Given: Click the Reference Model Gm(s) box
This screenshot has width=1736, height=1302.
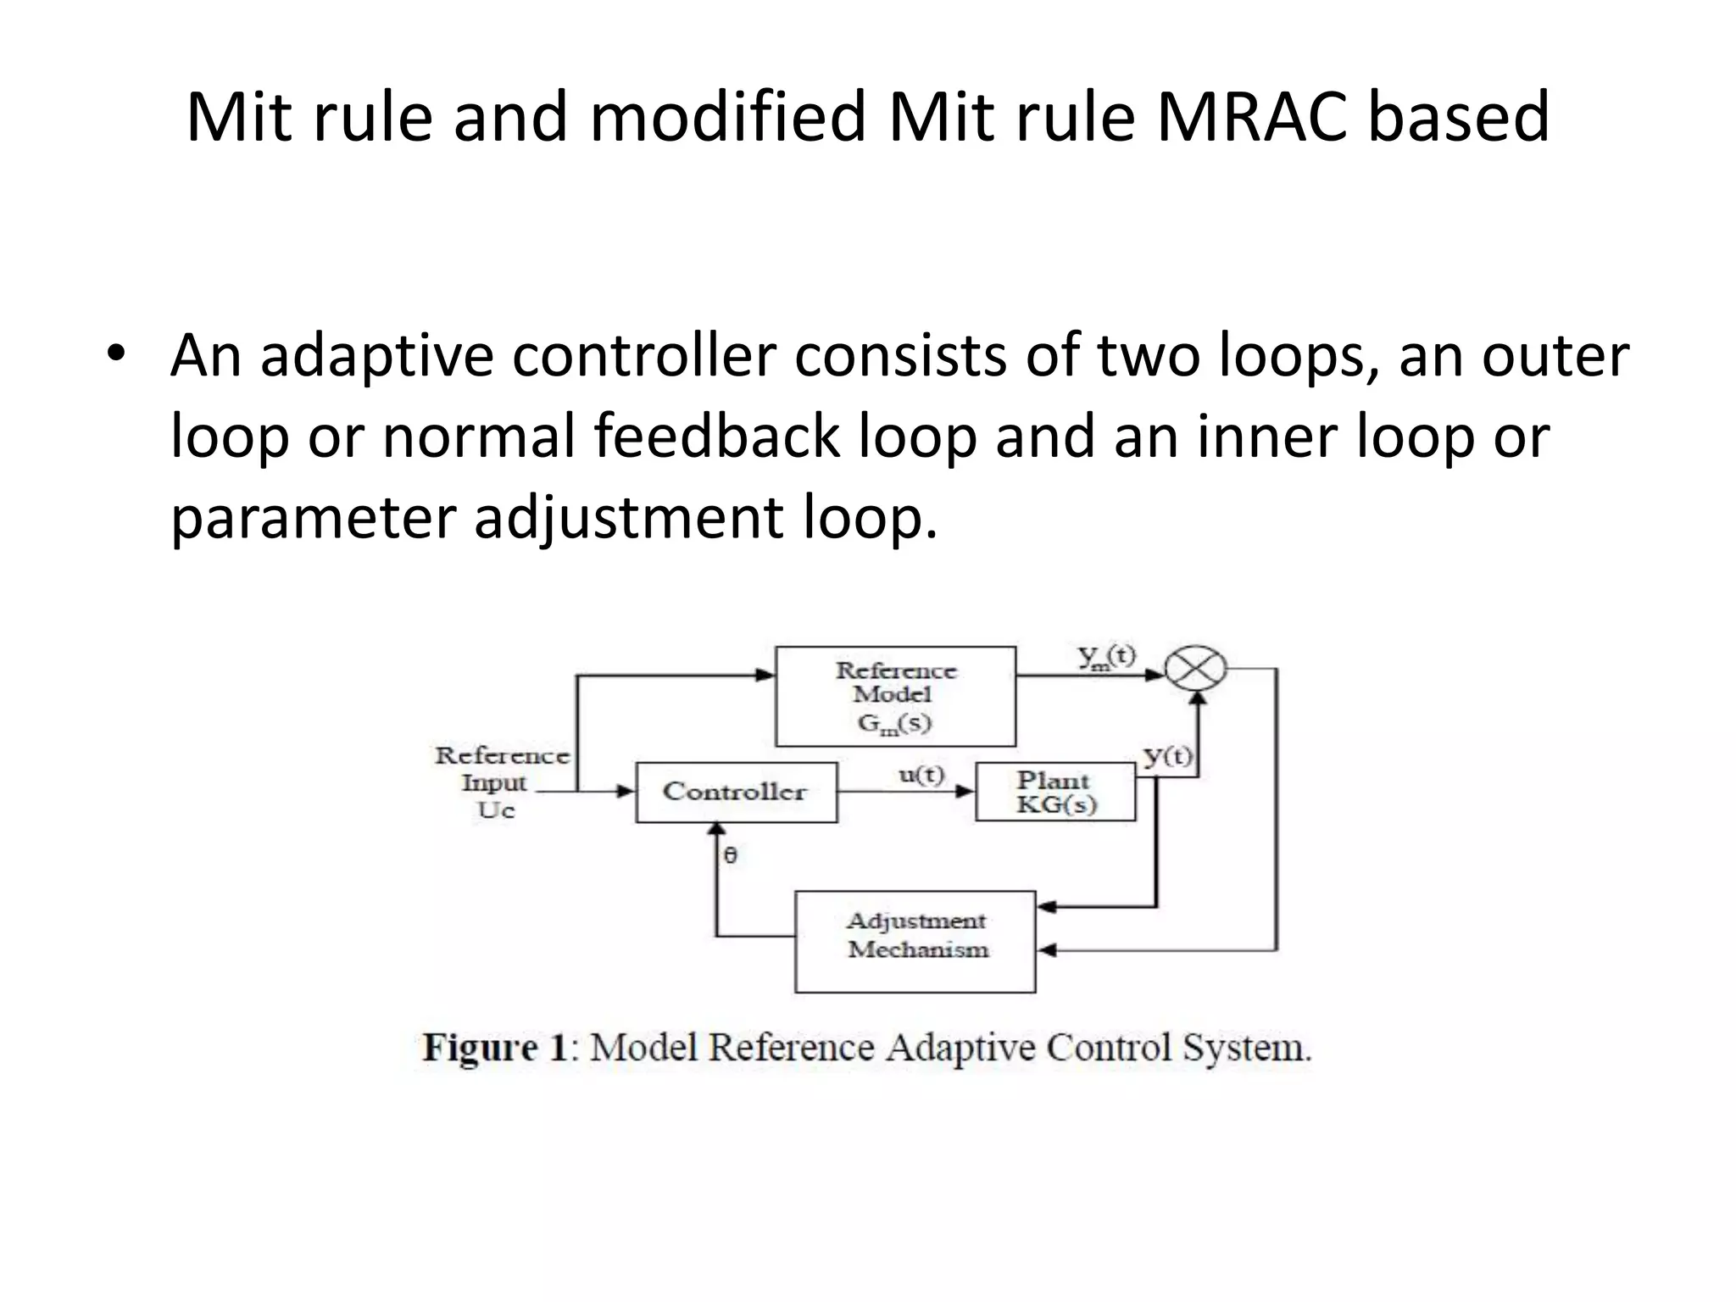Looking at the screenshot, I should pyautogui.click(x=895, y=696).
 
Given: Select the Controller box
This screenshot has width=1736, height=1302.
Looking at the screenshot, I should pyautogui.click(x=736, y=792).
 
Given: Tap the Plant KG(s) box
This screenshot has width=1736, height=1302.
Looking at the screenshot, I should pyautogui.click(x=1055, y=792).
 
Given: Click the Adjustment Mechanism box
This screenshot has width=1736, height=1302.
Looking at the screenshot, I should pyautogui.click(x=915, y=941).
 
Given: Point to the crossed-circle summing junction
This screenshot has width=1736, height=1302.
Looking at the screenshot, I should pyautogui.click(x=1195, y=669).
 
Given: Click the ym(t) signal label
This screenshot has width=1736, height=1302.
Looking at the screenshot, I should pyautogui.click(x=1106, y=657).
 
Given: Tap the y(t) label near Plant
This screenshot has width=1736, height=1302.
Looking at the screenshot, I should pyautogui.click(x=1167, y=754).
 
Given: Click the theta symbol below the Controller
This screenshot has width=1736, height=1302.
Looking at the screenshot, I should pyautogui.click(x=731, y=855).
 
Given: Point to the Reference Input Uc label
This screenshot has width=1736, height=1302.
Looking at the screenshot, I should pyautogui.click(x=500, y=782).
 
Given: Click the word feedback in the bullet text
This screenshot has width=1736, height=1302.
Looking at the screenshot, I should pyautogui.click(x=716, y=437).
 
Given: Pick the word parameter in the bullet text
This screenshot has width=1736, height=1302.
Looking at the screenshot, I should pyautogui.click(x=313, y=518).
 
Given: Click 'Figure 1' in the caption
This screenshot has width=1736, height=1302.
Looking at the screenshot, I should pyautogui.click(x=494, y=1048).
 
